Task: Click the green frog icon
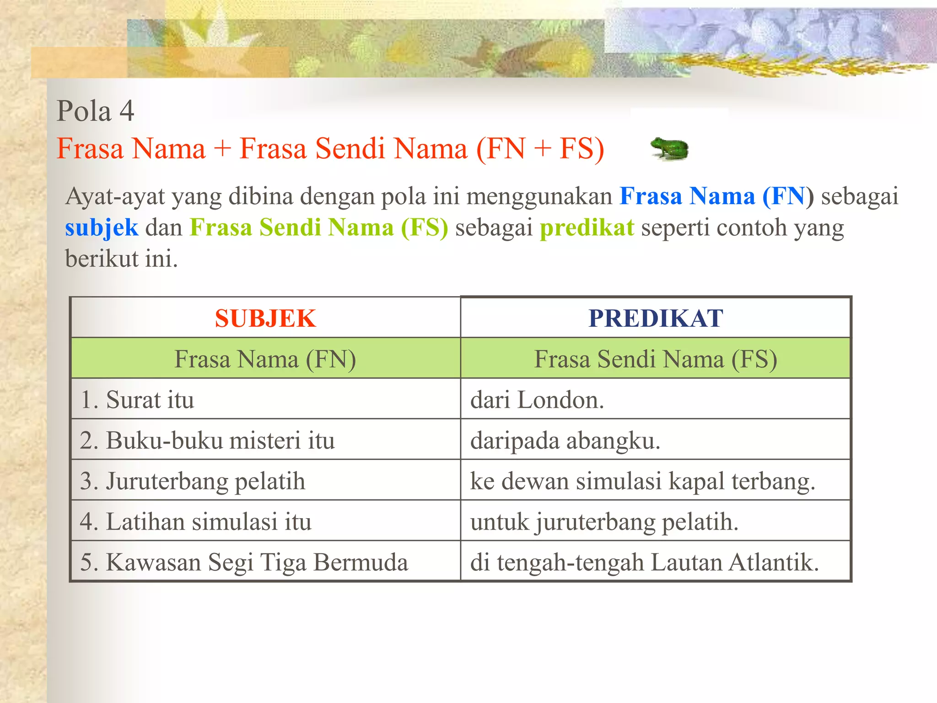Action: click(x=670, y=149)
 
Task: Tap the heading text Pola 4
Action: click(x=95, y=111)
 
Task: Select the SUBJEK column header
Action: click(x=265, y=318)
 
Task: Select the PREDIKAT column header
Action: click(x=655, y=318)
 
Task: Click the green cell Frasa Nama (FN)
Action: click(x=265, y=359)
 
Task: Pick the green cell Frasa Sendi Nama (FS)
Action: click(x=655, y=359)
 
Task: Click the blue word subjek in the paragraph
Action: click(x=102, y=227)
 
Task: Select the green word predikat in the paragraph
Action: click(x=587, y=227)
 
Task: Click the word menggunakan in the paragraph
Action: click(x=539, y=196)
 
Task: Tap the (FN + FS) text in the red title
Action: click(x=540, y=148)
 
